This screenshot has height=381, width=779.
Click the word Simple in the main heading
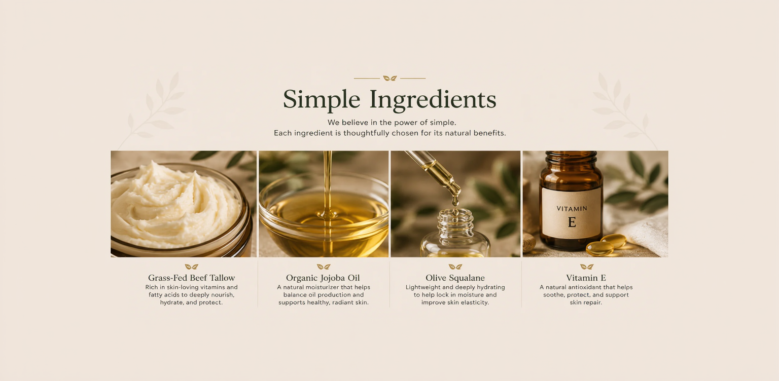(322, 100)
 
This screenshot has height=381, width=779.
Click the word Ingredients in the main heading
(433, 100)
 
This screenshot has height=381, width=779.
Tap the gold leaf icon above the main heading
(389, 78)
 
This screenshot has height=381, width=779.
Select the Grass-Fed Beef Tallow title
(191, 278)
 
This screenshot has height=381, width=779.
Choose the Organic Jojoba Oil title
(323, 278)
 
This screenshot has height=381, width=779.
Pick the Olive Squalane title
(455, 278)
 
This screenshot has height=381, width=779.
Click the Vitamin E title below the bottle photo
(586, 278)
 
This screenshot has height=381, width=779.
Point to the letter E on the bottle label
(572, 222)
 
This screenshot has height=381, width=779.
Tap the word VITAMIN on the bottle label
(572, 209)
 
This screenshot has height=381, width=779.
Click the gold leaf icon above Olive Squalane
(455, 266)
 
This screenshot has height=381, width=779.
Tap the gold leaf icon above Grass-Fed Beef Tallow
(191, 266)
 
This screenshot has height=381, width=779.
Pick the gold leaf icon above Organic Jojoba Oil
(324, 266)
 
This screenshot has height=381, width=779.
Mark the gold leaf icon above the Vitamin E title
(587, 266)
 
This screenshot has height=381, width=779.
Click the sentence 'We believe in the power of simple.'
(392, 123)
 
